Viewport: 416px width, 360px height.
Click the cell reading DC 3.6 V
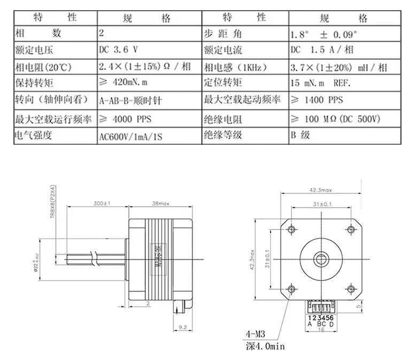tap(119, 50)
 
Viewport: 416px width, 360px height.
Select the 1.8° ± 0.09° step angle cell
tap(323, 34)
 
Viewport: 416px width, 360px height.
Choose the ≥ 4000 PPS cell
tap(126, 118)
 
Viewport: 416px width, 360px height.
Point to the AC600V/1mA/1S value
tap(130, 136)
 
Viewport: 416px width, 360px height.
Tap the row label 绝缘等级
tap(223, 135)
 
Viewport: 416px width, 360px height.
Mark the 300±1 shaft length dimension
tap(102, 204)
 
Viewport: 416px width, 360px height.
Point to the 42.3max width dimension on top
tap(321, 190)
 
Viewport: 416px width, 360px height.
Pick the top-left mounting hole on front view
tap(291, 230)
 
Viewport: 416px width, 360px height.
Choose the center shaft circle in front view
tap(321, 259)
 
